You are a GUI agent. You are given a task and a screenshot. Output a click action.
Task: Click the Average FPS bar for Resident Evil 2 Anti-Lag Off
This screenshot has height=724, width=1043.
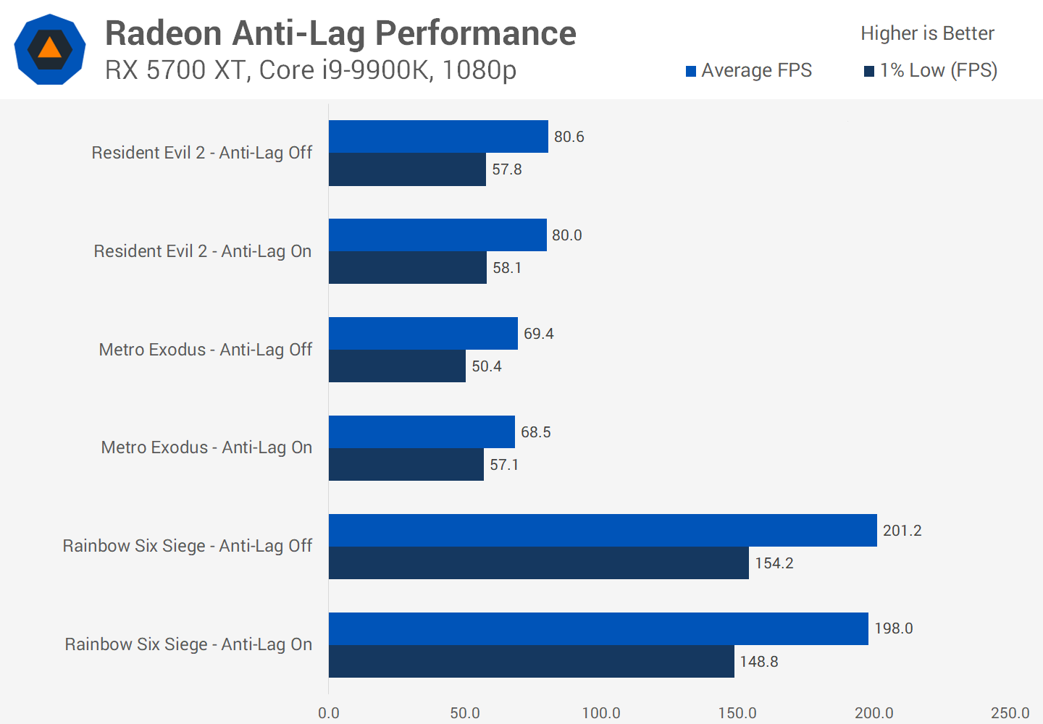[x=438, y=136]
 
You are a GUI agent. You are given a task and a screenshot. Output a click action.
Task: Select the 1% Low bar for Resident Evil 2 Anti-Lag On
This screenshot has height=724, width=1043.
[x=408, y=267]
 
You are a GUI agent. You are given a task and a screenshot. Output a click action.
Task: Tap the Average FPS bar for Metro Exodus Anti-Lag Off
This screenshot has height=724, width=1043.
[x=423, y=333]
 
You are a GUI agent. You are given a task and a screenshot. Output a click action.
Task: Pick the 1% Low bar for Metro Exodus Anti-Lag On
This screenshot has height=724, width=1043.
[x=406, y=464]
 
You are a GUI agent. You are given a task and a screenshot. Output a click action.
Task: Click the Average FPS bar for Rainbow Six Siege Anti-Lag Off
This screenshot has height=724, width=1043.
[x=603, y=530]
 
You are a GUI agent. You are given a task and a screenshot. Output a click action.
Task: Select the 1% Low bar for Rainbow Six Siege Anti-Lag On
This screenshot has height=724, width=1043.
[x=531, y=661]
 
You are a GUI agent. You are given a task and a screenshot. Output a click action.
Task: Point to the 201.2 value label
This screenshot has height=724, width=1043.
[x=902, y=531]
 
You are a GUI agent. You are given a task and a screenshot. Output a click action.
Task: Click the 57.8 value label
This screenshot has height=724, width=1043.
[x=507, y=169]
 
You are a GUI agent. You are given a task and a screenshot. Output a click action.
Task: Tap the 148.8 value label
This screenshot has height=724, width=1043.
[x=759, y=662]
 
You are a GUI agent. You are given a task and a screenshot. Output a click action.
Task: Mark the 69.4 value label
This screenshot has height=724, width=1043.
[x=539, y=334]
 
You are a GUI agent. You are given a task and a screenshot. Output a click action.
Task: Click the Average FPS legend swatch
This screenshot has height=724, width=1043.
[x=691, y=71]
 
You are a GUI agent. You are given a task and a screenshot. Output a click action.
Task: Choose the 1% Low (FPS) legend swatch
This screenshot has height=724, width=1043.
[x=869, y=71]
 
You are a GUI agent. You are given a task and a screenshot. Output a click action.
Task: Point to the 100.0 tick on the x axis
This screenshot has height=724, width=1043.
[x=601, y=713]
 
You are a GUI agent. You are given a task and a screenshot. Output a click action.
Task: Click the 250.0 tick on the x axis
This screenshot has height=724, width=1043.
[x=1010, y=713]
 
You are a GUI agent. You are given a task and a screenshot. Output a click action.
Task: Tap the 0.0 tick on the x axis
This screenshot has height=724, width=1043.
[x=329, y=713]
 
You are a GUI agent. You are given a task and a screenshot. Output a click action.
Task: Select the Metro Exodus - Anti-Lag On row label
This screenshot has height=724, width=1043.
[x=206, y=447]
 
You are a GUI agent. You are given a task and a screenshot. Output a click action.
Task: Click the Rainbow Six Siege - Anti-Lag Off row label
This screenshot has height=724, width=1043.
[x=188, y=546]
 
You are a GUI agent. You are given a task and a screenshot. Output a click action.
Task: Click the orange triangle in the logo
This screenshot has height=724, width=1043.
[x=49, y=49]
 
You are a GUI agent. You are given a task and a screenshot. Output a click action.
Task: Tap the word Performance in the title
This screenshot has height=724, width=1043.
[x=475, y=33]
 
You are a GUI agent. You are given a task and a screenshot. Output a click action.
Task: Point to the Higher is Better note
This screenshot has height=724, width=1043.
[x=927, y=33]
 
